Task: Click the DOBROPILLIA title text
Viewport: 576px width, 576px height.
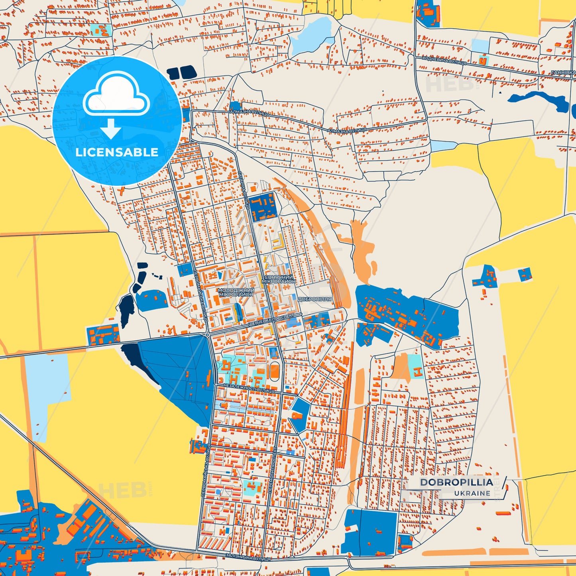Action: [456, 482]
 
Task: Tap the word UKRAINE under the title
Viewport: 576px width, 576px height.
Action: [472, 493]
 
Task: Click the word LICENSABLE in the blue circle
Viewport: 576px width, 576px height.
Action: [117, 152]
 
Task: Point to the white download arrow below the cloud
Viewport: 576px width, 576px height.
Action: [111, 128]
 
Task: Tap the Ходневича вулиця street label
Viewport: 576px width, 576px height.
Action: [444, 61]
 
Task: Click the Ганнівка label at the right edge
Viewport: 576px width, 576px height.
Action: [563, 73]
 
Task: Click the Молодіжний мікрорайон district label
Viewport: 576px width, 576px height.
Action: [236, 292]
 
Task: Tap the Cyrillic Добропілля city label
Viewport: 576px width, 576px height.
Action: [315, 299]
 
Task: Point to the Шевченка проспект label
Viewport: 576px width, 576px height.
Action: [271, 320]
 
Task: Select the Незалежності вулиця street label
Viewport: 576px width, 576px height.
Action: [249, 389]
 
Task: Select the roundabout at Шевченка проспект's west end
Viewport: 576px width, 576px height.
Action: [208, 335]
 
